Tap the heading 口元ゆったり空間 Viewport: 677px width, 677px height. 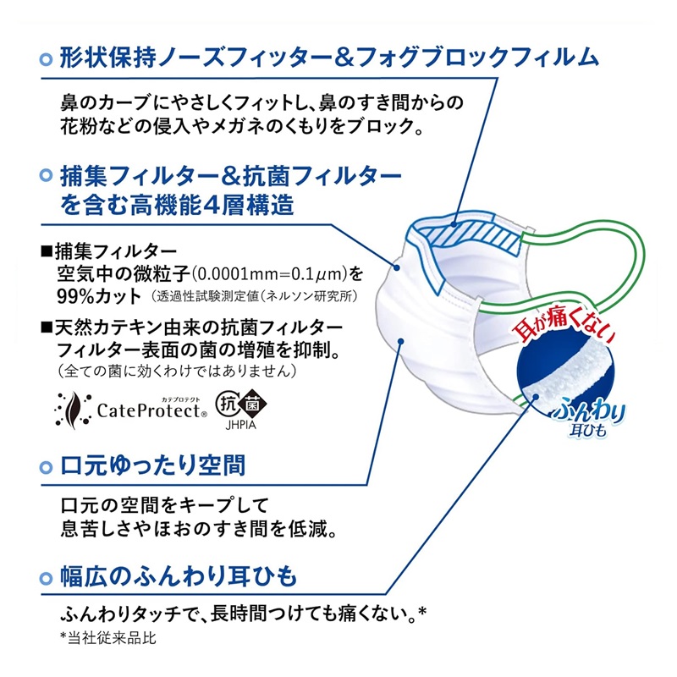point(152,465)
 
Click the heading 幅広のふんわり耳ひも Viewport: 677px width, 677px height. point(179,576)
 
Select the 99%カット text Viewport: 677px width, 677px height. point(99,296)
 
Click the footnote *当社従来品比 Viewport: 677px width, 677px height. point(108,639)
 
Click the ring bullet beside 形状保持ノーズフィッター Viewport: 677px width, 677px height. point(46,59)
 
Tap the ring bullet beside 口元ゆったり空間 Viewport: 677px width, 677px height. point(46,467)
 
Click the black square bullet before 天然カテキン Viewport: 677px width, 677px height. point(47,327)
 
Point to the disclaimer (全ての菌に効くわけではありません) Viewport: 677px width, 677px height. point(177,371)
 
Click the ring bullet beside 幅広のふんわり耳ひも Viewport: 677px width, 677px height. point(46,578)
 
